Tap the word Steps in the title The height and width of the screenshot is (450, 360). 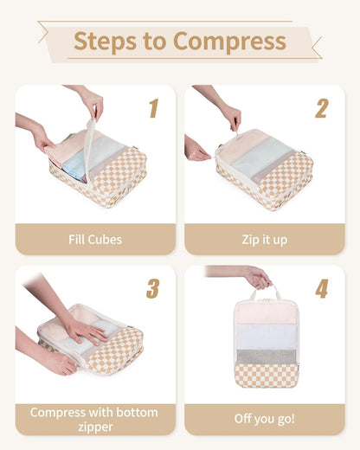click(x=104, y=41)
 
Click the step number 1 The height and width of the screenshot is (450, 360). click(x=153, y=108)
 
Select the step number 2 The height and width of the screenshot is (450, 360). click(x=321, y=108)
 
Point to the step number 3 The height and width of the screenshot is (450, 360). click(x=153, y=288)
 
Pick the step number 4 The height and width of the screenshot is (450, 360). click(x=321, y=288)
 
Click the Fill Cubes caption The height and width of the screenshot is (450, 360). click(x=95, y=239)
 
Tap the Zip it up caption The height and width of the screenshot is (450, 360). click(x=264, y=239)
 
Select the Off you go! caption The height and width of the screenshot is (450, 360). click(x=264, y=419)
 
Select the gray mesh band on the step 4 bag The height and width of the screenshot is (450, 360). click(x=266, y=356)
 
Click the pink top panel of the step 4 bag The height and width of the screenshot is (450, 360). click(x=266, y=312)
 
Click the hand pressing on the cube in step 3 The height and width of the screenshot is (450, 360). click(x=84, y=330)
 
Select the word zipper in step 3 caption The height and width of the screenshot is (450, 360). click(x=95, y=426)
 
